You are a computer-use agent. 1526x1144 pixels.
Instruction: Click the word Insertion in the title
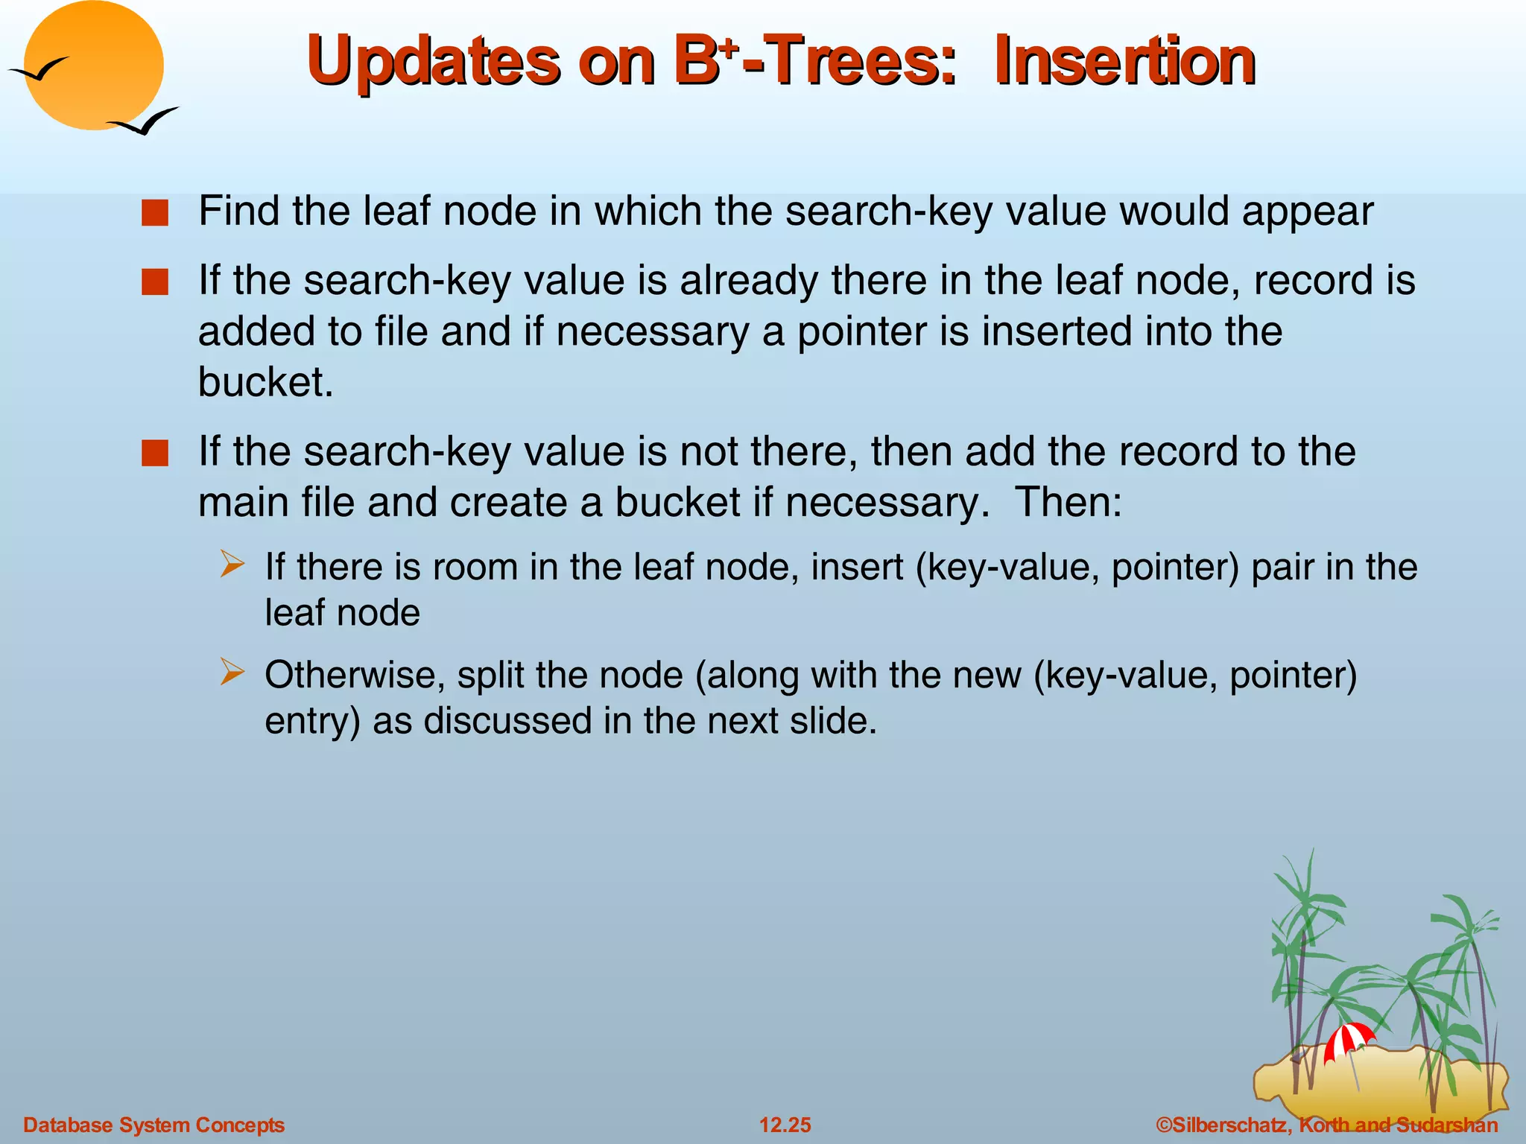click(x=1125, y=61)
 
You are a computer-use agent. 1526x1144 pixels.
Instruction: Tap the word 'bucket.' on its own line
click(x=265, y=382)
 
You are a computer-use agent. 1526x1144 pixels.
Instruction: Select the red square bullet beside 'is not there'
click(x=155, y=454)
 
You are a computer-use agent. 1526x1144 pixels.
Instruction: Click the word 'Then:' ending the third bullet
click(x=1068, y=502)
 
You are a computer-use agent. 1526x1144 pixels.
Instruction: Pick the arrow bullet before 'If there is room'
click(x=232, y=565)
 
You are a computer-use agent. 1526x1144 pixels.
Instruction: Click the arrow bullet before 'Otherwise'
click(x=232, y=673)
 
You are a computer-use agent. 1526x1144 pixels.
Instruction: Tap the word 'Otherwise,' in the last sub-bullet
click(x=355, y=675)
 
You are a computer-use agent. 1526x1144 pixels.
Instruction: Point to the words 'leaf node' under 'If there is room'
click(x=342, y=614)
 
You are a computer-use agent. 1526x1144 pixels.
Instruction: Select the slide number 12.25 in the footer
click(x=785, y=1125)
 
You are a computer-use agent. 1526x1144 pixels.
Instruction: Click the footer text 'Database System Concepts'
click(x=153, y=1125)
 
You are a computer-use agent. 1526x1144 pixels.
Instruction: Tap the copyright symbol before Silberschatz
click(x=1163, y=1125)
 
